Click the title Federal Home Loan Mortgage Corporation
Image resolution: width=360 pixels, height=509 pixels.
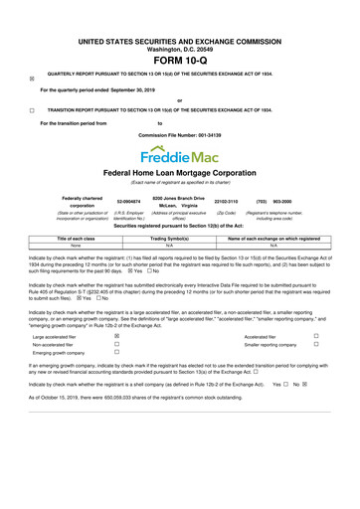coord(179,173)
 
